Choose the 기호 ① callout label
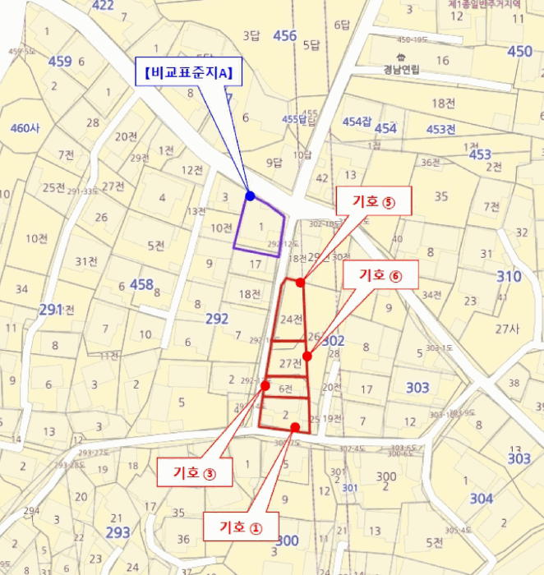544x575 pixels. pyautogui.click(x=241, y=527)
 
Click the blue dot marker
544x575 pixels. pyautogui.click(x=250, y=196)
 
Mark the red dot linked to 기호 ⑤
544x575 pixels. pyautogui.click(x=300, y=283)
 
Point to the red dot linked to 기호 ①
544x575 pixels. pyautogui.click(x=295, y=427)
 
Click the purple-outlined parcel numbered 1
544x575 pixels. pyautogui.click(x=261, y=227)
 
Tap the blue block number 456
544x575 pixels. pyautogui.click(x=285, y=35)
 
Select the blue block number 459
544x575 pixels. pyautogui.click(x=60, y=62)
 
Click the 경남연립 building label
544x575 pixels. pyautogui.click(x=401, y=70)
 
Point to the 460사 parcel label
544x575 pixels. pyautogui.click(x=25, y=128)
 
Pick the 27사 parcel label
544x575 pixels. pyautogui.click(x=507, y=329)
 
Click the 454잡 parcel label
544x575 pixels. pyautogui.click(x=357, y=122)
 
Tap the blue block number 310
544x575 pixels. pyautogui.click(x=509, y=277)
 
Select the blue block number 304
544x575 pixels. pyautogui.click(x=482, y=499)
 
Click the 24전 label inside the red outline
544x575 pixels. pyautogui.click(x=292, y=319)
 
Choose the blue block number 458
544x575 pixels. pyautogui.click(x=141, y=284)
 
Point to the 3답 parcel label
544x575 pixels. pyautogui.click(x=251, y=35)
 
